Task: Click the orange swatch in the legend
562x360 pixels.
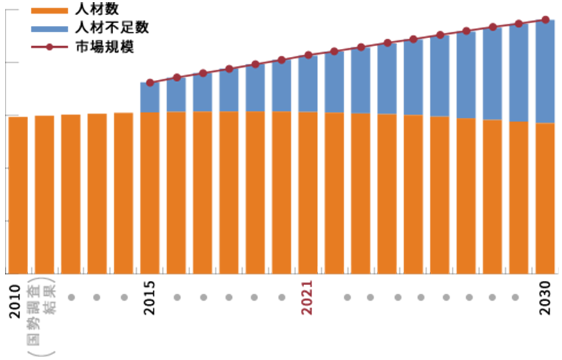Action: click(x=49, y=11)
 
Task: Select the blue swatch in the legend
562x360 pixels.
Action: click(x=49, y=30)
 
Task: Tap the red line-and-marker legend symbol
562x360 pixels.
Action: click(x=49, y=47)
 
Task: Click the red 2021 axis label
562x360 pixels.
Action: click(x=308, y=297)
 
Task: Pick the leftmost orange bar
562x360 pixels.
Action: click(x=18, y=194)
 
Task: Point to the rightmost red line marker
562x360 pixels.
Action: click(x=545, y=19)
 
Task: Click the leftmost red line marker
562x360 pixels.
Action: click(x=150, y=82)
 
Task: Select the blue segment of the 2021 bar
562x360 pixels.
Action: click(x=308, y=84)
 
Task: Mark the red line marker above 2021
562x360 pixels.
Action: click(x=308, y=54)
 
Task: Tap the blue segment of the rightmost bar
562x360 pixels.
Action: click(x=545, y=72)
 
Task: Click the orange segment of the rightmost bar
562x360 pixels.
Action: click(x=545, y=198)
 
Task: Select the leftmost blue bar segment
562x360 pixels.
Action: click(x=150, y=97)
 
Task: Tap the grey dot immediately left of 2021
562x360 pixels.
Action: click(x=282, y=297)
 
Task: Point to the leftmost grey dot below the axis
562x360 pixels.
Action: click(x=71, y=297)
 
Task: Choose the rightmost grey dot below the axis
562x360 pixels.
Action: click(x=515, y=297)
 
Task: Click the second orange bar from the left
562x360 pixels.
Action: click(x=44, y=194)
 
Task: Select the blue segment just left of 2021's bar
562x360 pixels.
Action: click(x=282, y=86)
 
